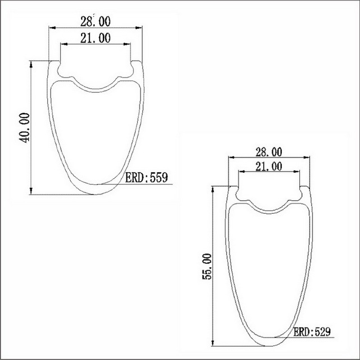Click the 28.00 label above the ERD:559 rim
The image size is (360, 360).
click(95, 21)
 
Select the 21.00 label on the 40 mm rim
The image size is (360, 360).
click(95, 38)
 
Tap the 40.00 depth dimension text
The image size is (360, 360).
click(24, 128)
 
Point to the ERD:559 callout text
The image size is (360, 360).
click(145, 178)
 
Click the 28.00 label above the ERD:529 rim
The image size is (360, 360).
click(268, 152)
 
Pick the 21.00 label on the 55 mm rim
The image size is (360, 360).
click(268, 166)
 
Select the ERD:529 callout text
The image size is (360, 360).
click(312, 333)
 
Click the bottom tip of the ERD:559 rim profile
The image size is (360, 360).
click(96, 194)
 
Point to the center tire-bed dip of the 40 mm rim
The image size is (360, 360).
click(96, 88)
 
